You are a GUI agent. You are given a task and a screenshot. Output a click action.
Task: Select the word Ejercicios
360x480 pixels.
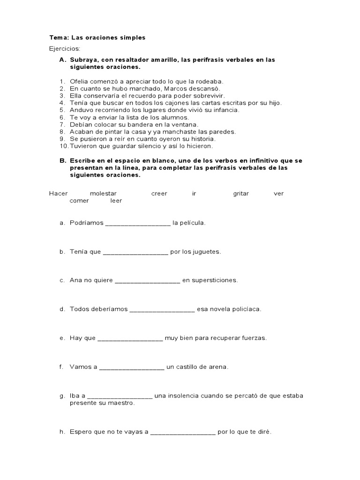pyautogui.click(x=65, y=48)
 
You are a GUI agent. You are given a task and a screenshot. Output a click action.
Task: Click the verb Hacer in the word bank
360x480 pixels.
pyautogui.click(x=58, y=194)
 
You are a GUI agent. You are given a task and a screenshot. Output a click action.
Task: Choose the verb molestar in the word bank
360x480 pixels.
pyautogui.click(x=103, y=194)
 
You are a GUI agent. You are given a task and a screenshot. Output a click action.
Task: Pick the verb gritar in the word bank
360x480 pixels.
pyautogui.click(x=241, y=194)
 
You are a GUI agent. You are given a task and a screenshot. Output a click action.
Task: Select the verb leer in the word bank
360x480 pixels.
pyautogui.click(x=116, y=201)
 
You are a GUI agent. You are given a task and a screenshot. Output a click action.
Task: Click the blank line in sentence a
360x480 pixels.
pyautogui.click(x=138, y=224)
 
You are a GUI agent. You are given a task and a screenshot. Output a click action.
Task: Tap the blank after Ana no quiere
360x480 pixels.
pyautogui.click(x=147, y=281)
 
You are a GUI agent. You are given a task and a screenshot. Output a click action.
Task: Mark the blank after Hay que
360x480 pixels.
pyautogui.click(x=130, y=338)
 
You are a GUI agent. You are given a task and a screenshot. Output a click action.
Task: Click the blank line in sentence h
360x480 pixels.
pyautogui.click(x=183, y=432)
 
